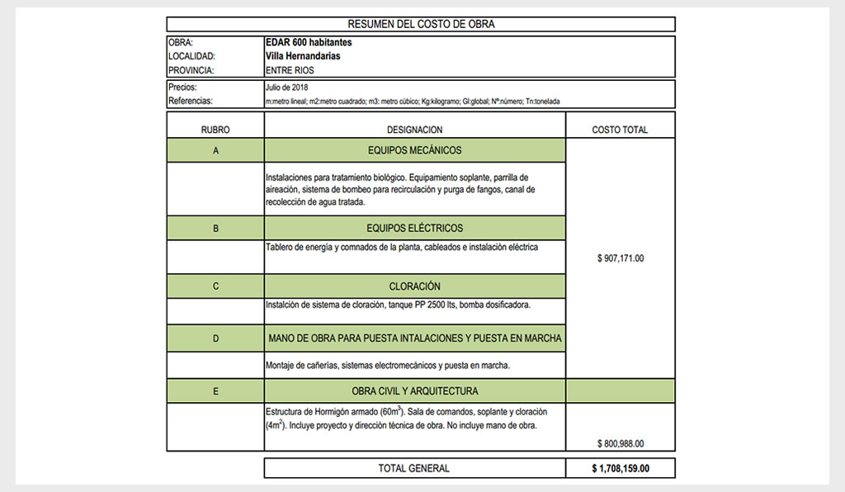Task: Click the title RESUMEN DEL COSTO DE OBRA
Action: click(421, 24)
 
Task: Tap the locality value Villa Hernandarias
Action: click(303, 56)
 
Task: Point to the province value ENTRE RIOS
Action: click(290, 70)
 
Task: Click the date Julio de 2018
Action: click(287, 87)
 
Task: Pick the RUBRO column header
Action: click(215, 130)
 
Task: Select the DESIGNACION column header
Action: click(414, 130)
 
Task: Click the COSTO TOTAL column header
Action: click(620, 130)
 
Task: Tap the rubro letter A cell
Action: click(215, 151)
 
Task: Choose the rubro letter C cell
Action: click(215, 286)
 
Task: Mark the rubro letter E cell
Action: click(215, 391)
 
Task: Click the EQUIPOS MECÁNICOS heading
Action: click(414, 150)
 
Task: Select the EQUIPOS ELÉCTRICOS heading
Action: click(414, 228)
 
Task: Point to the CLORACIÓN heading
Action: click(414, 286)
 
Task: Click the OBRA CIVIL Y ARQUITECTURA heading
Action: click(414, 391)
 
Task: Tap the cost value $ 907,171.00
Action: click(620, 258)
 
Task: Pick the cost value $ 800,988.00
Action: click(620, 443)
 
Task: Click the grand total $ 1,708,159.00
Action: click(621, 468)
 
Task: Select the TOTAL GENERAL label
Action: click(413, 468)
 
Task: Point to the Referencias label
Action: click(191, 101)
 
